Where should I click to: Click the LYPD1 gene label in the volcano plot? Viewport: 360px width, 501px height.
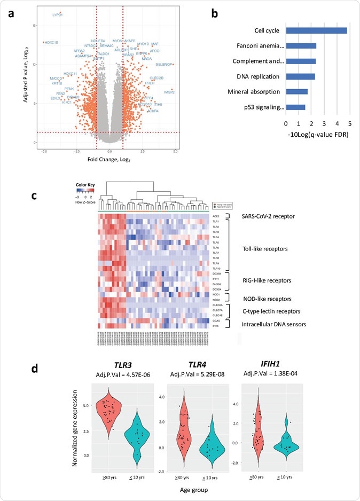point(58,15)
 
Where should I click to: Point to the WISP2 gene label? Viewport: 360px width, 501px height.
point(169,92)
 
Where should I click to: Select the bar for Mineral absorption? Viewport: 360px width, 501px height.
point(296,91)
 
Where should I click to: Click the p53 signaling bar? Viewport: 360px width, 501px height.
point(295,107)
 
